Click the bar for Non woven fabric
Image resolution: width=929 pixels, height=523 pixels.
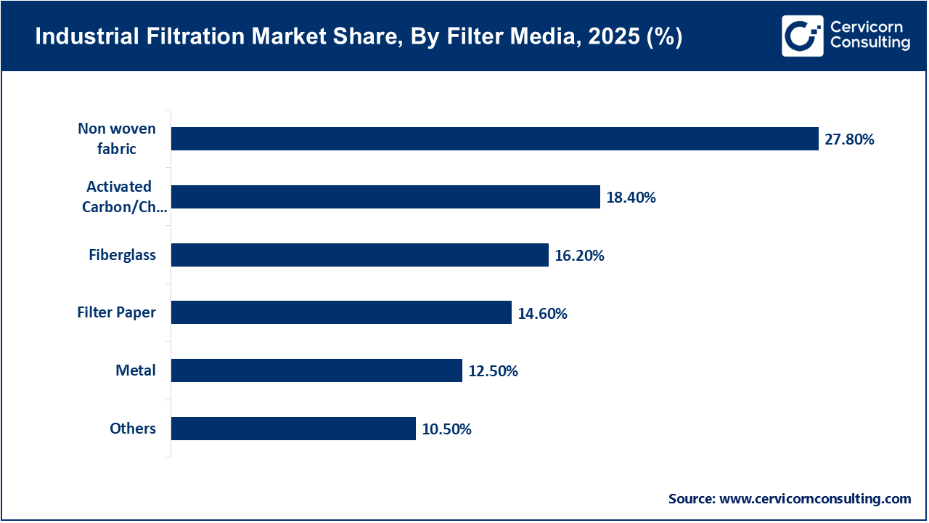click(495, 139)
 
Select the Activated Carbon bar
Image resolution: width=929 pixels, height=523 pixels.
click(385, 197)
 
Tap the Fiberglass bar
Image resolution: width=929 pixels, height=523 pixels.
click(359, 255)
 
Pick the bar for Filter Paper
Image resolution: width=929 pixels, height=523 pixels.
click(341, 313)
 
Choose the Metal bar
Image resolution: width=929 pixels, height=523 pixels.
click(316, 370)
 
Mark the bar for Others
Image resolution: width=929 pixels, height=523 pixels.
click(293, 429)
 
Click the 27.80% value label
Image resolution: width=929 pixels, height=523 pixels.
click(849, 139)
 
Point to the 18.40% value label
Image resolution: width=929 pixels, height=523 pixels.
click(631, 198)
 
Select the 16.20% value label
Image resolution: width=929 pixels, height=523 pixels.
click(579, 256)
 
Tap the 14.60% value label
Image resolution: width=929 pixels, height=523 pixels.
click(542, 314)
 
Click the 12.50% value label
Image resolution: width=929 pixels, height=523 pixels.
click(493, 371)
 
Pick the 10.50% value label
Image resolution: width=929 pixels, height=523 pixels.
click(446, 429)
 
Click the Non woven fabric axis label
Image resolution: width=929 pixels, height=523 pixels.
click(117, 139)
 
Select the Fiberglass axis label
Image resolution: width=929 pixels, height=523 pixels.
click(122, 255)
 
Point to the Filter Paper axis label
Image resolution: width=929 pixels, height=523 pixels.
click(116, 313)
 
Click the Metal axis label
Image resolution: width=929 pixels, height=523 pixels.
click(136, 370)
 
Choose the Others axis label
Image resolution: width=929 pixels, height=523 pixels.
click(133, 429)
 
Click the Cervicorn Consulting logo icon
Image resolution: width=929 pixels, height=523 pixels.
click(802, 36)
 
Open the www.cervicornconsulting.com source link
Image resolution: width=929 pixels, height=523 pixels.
click(814, 499)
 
